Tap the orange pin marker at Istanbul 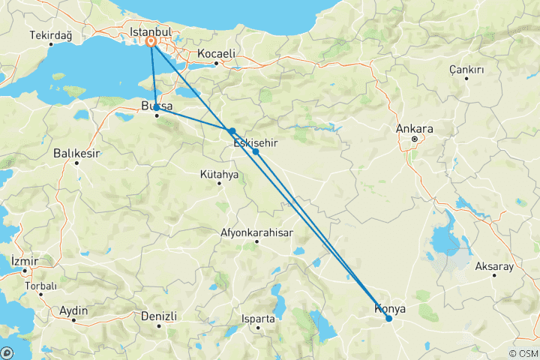pyautogui.click(x=151, y=43)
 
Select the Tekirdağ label pyautogui.click(x=50, y=35)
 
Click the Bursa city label pyautogui.click(x=157, y=106)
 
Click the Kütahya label pyautogui.click(x=220, y=174)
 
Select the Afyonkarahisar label pyautogui.click(x=256, y=232)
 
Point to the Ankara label pyautogui.click(x=415, y=128)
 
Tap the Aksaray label pyautogui.click(x=494, y=265)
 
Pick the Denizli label pyautogui.click(x=159, y=316)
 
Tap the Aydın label pyautogui.click(x=74, y=310)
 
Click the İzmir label pyautogui.click(x=23, y=260)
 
